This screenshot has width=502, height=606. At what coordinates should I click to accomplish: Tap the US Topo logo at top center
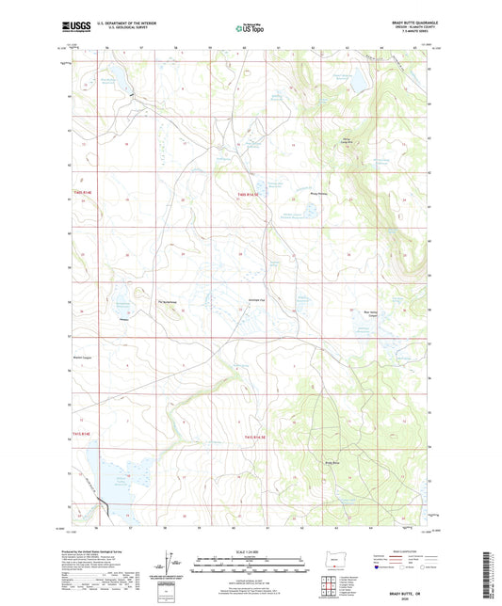pos(247,29)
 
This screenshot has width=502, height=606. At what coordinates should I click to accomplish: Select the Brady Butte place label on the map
pos(331,462)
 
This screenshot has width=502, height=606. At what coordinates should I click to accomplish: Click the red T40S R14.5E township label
pos(250,196)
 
